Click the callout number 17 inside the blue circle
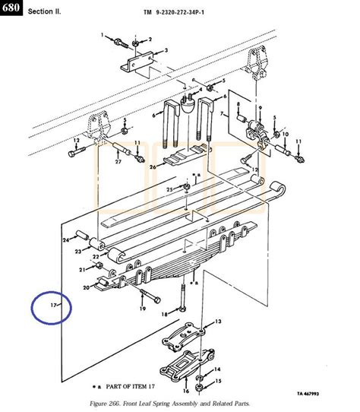tap(52, 305)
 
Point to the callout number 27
tap(118, 161)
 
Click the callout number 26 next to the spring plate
tap(152, 166)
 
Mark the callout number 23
tap(77, 252)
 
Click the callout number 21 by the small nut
tap(81, 270)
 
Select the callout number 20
tap(86, 289)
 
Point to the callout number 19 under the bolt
tap(141, 309)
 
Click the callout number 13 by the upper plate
tap(218, 322)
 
